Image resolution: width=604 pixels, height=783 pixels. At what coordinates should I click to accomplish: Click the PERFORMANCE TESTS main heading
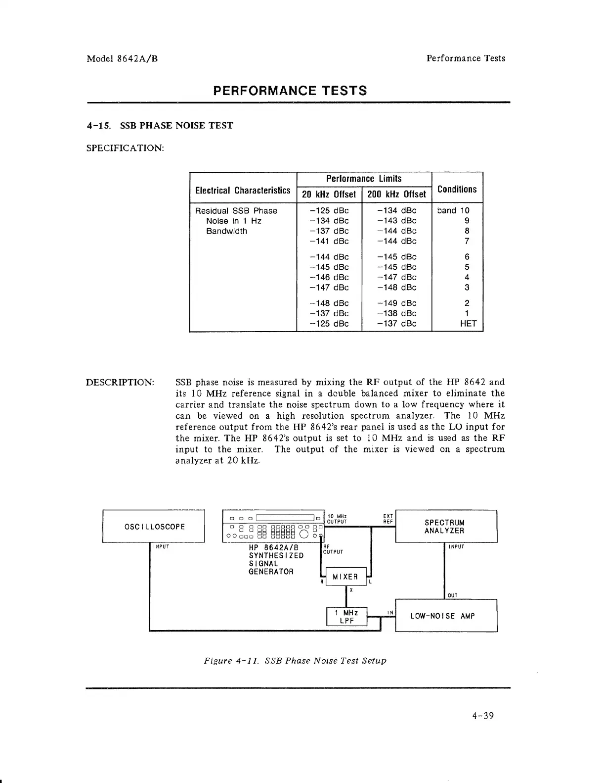point(290,91)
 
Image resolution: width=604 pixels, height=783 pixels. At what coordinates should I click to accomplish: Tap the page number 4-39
point(483,716)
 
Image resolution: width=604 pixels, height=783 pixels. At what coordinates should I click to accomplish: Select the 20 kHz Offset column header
point(329,194)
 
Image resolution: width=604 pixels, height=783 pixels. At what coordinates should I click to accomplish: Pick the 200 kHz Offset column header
point(396,194)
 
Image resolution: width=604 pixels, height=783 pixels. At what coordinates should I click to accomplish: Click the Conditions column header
point(457,189)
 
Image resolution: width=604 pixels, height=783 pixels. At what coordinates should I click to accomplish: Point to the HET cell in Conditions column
point(468,324)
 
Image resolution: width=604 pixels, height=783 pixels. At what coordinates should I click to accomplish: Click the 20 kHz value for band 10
point(329,210)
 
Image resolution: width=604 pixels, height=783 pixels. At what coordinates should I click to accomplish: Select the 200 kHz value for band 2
point(396,303)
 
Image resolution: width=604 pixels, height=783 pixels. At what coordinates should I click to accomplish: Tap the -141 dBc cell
point(329,241)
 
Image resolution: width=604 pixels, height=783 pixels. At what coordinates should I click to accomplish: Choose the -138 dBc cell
point(396,313)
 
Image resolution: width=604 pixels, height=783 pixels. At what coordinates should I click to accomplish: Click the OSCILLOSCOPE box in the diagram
point(153,527)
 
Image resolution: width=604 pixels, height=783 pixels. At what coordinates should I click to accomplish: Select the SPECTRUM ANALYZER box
point(444,527)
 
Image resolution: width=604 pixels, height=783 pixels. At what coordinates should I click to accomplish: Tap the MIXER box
point(345,577)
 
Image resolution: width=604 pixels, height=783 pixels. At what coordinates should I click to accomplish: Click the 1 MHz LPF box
point(347,617)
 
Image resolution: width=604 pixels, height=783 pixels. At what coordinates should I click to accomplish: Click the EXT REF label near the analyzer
point(388,519)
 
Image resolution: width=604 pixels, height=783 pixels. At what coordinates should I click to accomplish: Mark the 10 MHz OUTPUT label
point(337,519)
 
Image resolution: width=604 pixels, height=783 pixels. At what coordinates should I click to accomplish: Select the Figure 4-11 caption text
point(295,661)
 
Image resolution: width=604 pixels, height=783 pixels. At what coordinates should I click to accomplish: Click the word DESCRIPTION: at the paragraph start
point(120,382)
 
